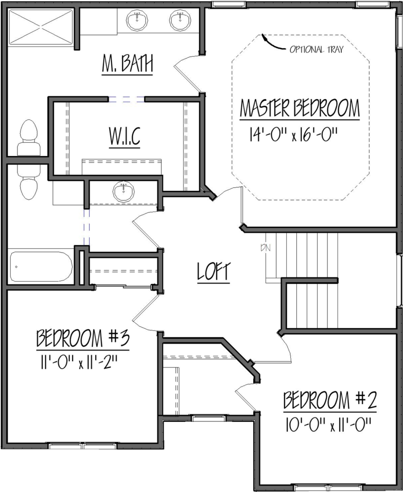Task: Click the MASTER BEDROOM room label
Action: tap(300, 108)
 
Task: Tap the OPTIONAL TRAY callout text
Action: tap(316, 49)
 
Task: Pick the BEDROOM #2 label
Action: tap(330, 400)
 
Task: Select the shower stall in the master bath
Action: tap(40, 27)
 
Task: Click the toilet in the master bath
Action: tap(29, 137)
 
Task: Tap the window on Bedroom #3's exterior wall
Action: tap(83, 445)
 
